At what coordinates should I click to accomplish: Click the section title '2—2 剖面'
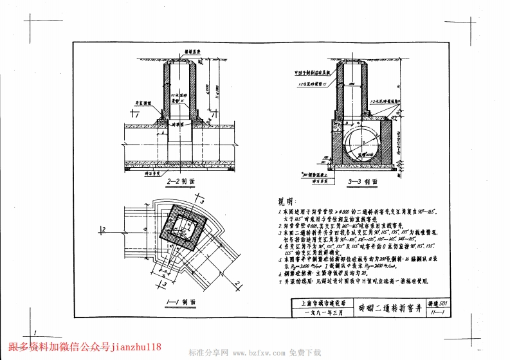[181, 181]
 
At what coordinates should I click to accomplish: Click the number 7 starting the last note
[280, 282]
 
